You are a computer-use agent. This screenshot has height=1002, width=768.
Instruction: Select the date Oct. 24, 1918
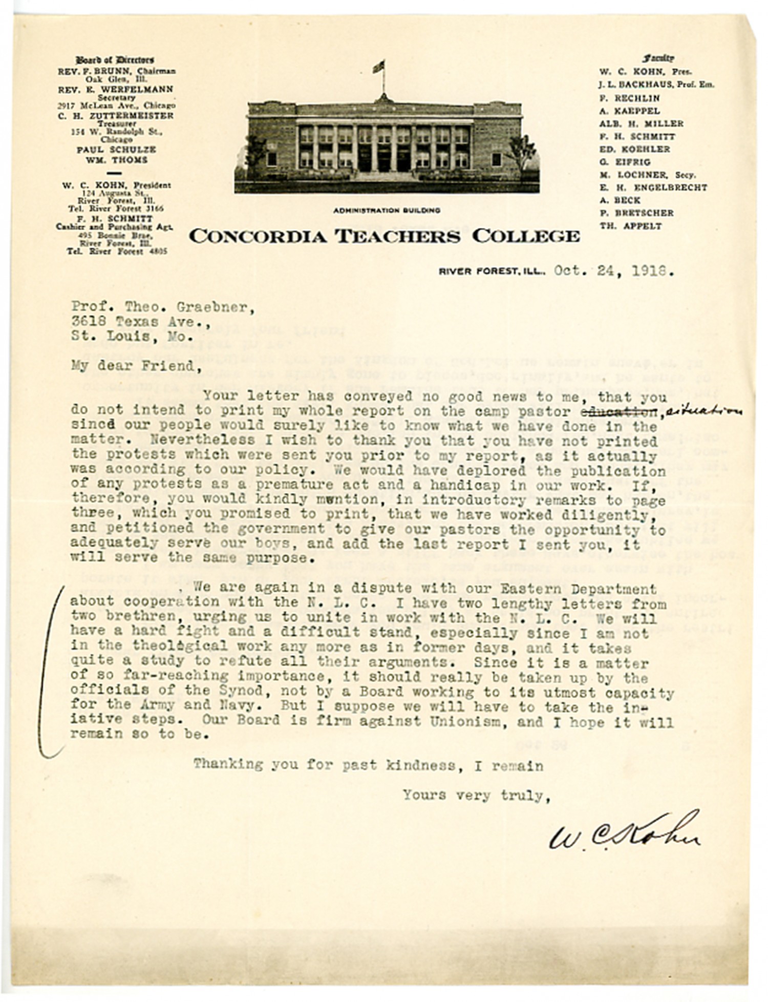pos(613,271)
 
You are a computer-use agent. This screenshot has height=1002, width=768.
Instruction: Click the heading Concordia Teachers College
pos(384,237)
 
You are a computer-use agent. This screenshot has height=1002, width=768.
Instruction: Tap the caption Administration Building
pos(387,211)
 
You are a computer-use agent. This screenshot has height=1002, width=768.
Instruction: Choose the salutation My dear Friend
pos(133,366)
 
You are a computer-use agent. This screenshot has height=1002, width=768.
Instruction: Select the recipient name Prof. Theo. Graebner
pos(162,307)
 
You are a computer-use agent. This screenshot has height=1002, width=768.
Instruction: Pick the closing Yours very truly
pos(476,795)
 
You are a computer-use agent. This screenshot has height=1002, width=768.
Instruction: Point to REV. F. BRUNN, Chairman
pos(117,71)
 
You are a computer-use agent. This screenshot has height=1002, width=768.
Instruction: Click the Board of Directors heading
pos(115,60)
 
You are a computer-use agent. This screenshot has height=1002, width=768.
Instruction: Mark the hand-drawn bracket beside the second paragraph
pos(49,671)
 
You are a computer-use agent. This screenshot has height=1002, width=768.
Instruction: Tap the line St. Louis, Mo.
pos(132,337)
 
